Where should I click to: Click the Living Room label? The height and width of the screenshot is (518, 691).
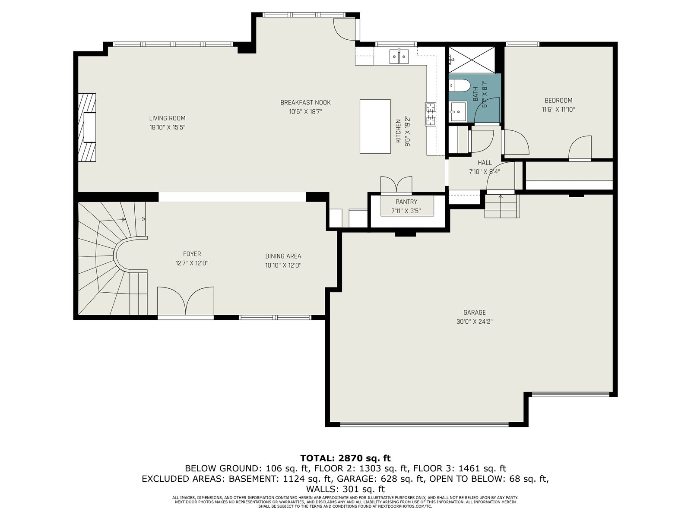(x=167, y=118)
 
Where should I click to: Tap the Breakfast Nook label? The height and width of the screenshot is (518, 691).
(x=305, y=103)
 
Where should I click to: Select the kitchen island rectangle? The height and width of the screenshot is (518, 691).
(x=375, y=126)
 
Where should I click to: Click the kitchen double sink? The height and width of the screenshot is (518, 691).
(x=399, y=57)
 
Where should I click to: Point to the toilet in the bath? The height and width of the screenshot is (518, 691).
(x=460, y=85)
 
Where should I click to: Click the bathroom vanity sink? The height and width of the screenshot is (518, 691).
(x=458, y=111)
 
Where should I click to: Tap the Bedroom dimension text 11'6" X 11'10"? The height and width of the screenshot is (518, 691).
(x=558, y=110)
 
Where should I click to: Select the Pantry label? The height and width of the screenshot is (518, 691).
(x=406, y=202)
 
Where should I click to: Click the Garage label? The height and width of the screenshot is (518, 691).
(x=474, y=313)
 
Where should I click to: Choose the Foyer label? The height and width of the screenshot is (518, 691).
(x=192, y=254)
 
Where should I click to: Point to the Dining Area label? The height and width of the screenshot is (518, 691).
(x=283, y=256)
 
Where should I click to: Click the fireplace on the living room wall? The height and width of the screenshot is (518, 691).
(x=87, y=127)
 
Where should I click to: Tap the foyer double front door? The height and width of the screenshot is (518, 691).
(x=186, y=301)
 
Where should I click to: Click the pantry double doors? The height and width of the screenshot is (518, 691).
(x=396, y=185)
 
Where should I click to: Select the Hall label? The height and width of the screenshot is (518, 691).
(x=485, y=163)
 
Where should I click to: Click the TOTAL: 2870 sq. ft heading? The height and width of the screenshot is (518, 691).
(x=345, y=458)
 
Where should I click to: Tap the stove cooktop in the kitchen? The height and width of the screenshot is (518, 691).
(x=430, y=114)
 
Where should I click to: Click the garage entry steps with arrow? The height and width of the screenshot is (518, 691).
(x=501, y=206)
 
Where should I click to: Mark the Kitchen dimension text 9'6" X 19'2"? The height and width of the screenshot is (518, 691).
(x=408, y=132)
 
